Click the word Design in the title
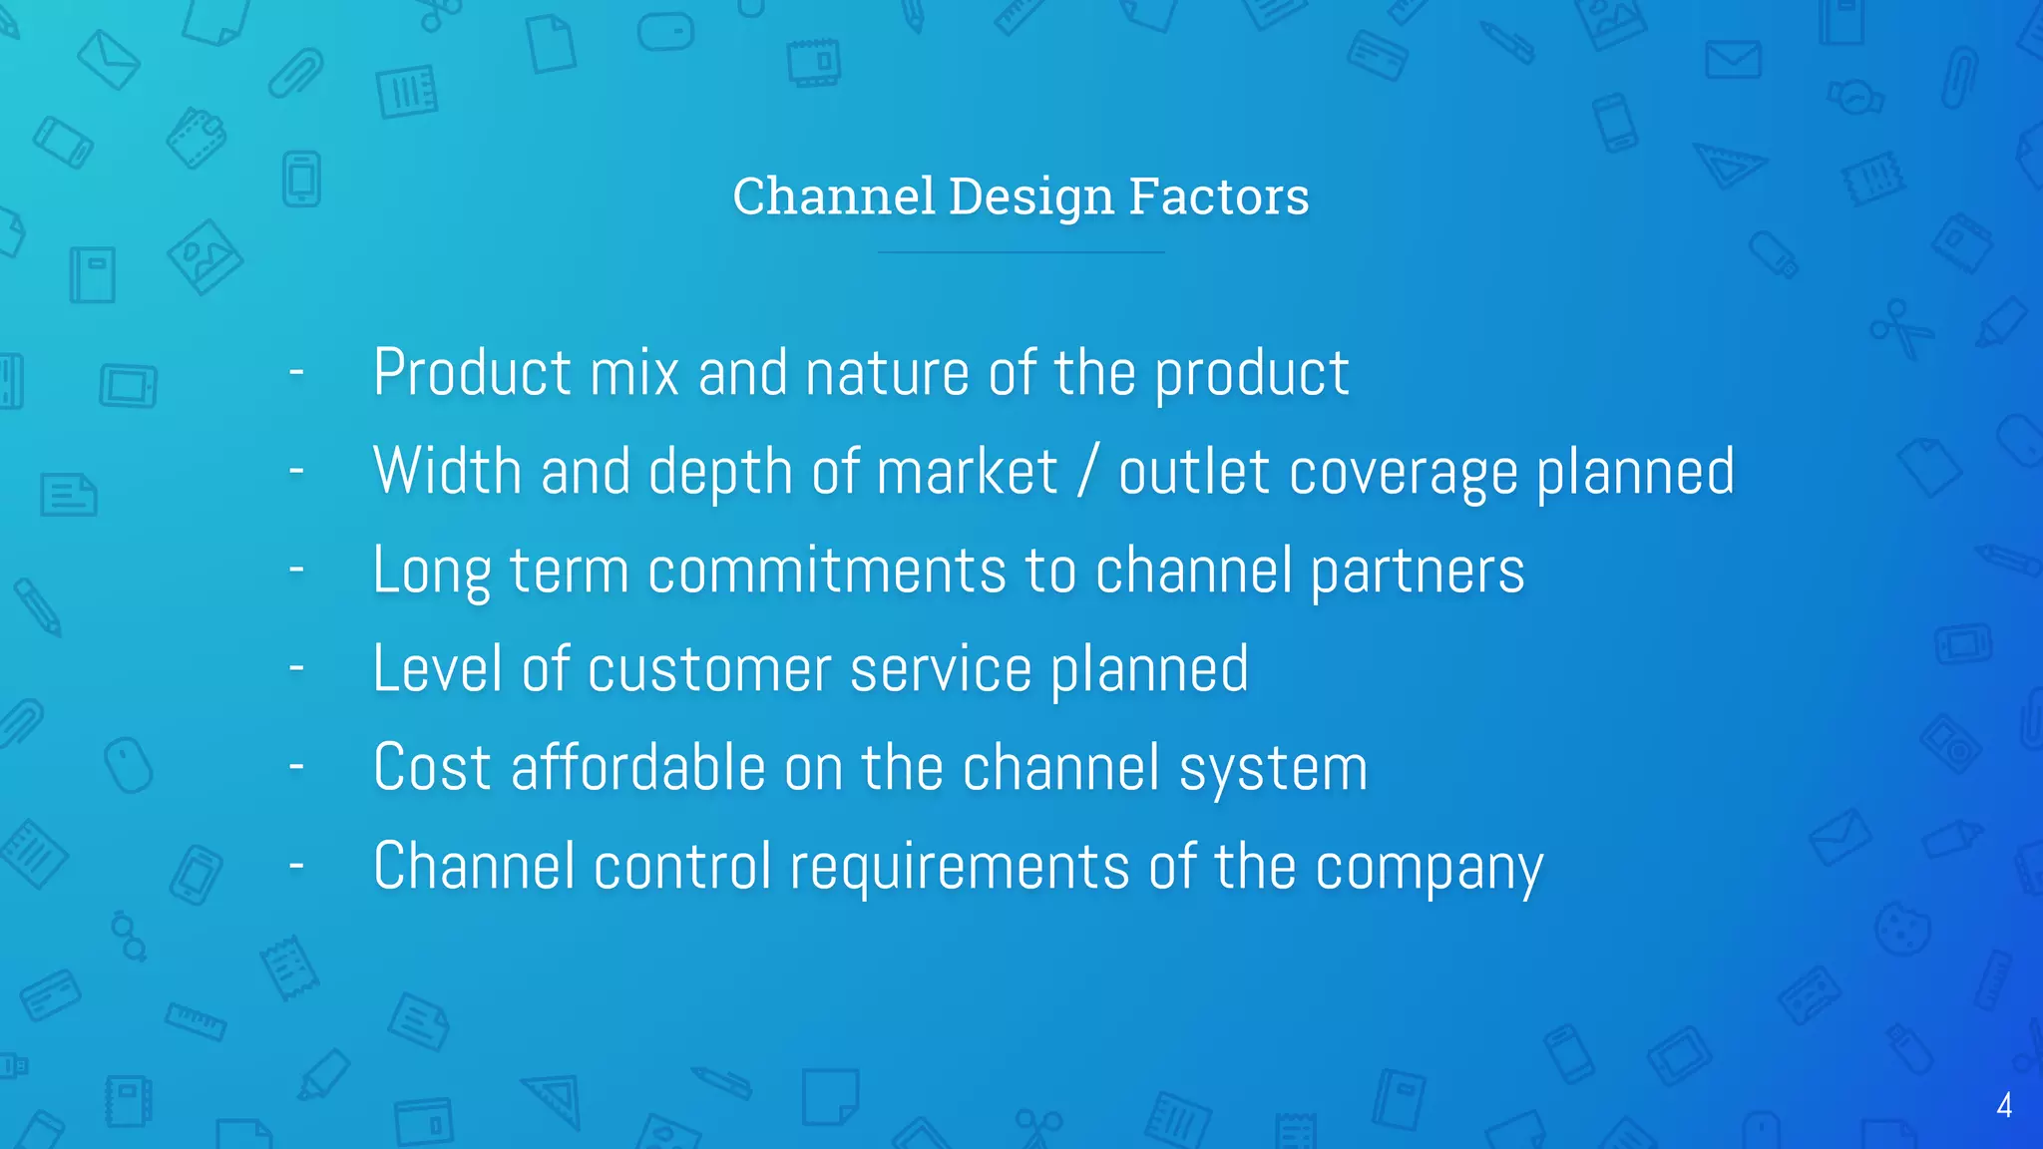1030,196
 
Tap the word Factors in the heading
1218,196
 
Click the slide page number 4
2004,1105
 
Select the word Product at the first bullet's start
473,373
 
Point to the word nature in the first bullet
887,373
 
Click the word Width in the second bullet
447,471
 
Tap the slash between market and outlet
1088,471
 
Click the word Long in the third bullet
431,571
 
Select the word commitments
827,571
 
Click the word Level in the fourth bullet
437,668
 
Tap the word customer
709,669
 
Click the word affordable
638,767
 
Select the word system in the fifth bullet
1273,769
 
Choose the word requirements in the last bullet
960,866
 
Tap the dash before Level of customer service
296,667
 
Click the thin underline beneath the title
1021,252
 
